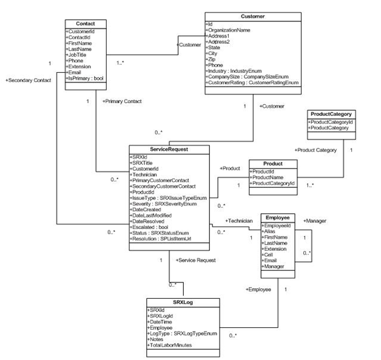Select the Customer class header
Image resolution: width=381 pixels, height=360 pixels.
253,16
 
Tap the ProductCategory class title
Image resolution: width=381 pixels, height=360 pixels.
331,114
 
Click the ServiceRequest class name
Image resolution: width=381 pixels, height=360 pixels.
169,149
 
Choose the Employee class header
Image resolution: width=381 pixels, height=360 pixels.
278,217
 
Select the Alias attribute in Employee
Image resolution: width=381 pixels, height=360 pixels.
271,231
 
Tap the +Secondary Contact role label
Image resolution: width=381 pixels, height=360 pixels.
27,80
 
